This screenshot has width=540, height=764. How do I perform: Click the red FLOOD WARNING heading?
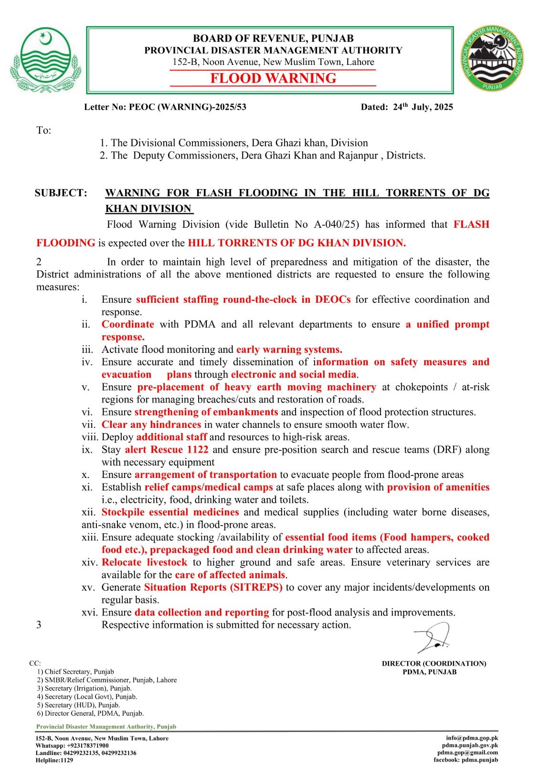[x=273, y=78]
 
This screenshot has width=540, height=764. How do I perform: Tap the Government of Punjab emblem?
[x=44, y=60]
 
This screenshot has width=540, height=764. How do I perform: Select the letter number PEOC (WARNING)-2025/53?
[x=188, y=107]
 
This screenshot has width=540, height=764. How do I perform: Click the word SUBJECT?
[x=61, y=193]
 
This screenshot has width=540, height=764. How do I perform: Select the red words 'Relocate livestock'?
[x=144, y=562]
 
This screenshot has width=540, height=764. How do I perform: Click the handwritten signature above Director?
[x=432, y=638]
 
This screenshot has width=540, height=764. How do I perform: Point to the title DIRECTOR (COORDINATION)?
[x=434, y=663]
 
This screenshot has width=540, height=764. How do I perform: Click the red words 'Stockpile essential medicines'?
[x=170, y=512]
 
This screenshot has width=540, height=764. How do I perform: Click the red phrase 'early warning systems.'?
[x=289, y=350]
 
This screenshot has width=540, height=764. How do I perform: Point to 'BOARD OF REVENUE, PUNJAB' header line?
[x=273, y=38]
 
